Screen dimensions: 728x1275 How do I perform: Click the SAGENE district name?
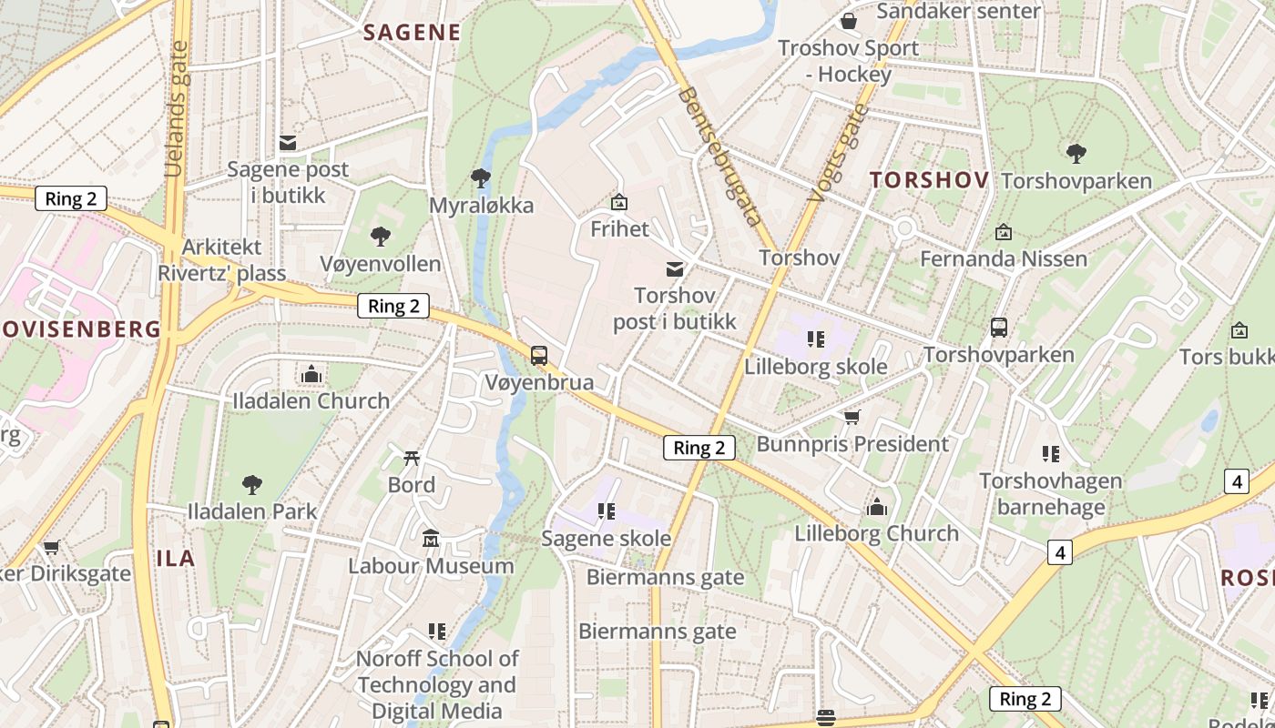coord(412,33)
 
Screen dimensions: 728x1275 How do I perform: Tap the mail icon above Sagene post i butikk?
coord(288,143)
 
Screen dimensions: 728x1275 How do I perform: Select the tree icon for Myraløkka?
coord(481,177)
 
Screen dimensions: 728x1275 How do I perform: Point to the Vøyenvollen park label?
coord(380,264)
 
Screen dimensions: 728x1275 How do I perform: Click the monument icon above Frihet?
coord(619,201)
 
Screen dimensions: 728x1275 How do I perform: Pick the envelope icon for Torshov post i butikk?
coord(675,268)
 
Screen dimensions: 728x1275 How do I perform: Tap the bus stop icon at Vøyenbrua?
coord(539,355)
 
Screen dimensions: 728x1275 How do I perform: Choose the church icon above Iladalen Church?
coord(311,374)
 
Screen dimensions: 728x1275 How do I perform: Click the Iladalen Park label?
coord(251,511)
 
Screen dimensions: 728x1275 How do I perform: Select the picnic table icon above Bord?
coord(412,458)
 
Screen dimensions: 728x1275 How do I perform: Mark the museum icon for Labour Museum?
coord(431,539)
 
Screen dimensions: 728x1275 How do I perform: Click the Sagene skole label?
coord(607,538)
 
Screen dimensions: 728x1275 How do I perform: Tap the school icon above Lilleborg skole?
coord(816,339)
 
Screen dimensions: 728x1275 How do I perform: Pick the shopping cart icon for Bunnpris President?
coord(852,417)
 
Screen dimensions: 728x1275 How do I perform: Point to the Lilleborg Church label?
coord(876,533)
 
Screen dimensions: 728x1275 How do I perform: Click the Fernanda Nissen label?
coord(1004,258)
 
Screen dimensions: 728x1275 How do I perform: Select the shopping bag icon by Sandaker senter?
coord(849,20)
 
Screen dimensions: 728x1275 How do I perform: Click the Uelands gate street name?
coord(177,109)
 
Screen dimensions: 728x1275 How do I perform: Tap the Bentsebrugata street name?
coord(719,156)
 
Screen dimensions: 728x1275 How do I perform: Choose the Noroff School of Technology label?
coord(437,684)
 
